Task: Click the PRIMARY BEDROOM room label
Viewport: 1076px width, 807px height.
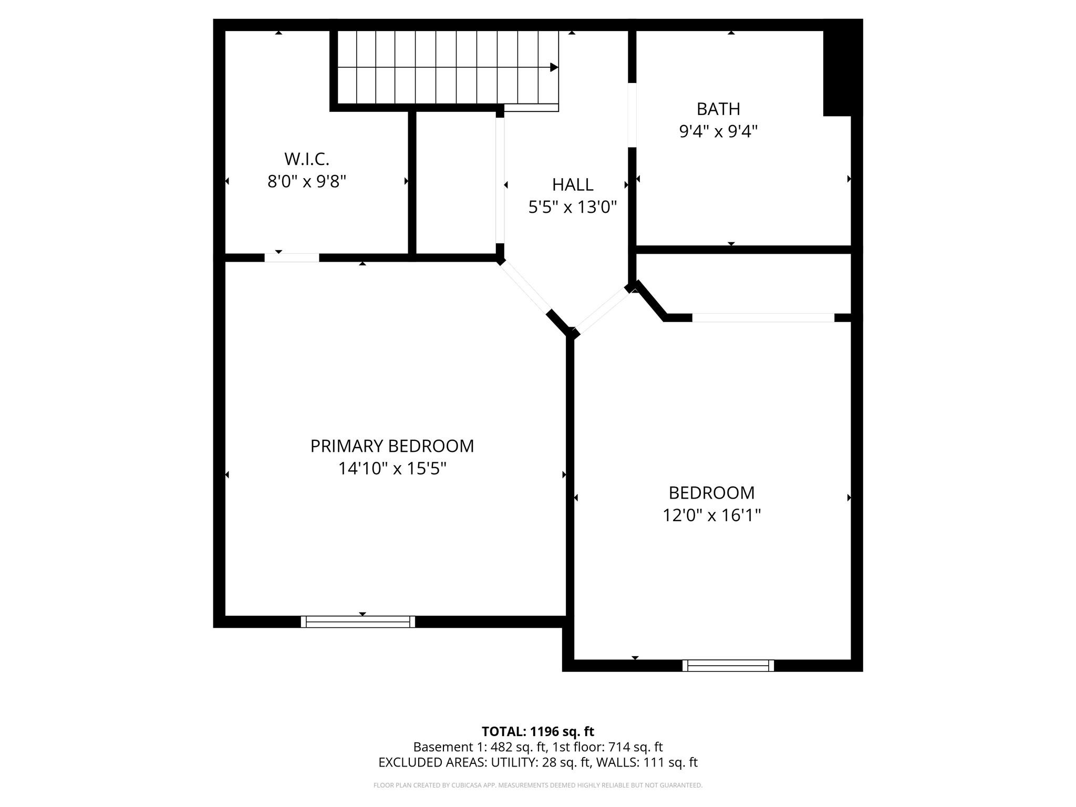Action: pyautogui.click(x=392, y=446)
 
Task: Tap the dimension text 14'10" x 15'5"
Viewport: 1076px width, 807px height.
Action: pyautogui.click(x=392, y=468)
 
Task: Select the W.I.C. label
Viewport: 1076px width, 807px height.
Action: pyautogui.click(x=306, y=159)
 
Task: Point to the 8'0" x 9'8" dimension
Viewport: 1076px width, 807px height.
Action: pyautogui.click(x=306, y=181)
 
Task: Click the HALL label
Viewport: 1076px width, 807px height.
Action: pyautogui.click(x=572, y=184)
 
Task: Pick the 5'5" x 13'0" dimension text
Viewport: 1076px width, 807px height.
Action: pyautogui.click(x=572, y=207)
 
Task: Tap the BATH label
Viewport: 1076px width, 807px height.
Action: pyautogui.click(x=718, y=109)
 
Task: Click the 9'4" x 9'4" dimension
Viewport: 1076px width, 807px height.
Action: pyautogui.click(x=718, y=131)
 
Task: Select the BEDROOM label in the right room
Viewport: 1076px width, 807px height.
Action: pyautogui.click(x=711, y=493)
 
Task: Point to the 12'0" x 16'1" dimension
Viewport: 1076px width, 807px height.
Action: pyautogui.click(x=711, y=515)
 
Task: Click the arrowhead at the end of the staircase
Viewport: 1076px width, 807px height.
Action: pyautogui.click(x=554, y=67)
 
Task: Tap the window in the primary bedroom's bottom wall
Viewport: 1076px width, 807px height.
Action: pyautogui.click(x=358, y=622)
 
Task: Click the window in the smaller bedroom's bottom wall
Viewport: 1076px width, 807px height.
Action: pyautogui.click(x=728, y=666)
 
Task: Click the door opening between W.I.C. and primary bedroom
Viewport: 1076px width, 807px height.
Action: pyautogui.click(x=292, y=257)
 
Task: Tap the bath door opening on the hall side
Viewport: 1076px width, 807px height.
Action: pyautogui.click(x=632, y=115)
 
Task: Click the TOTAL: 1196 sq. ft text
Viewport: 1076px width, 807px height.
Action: pyautogui.click(x=537, y=731)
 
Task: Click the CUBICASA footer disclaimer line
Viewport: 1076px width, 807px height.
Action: pyautogui.click(x=537, y=785)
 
